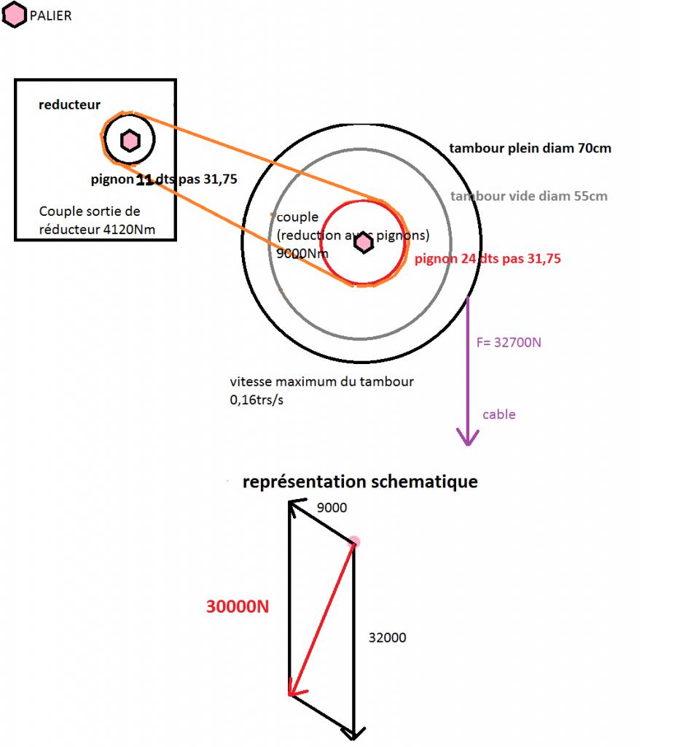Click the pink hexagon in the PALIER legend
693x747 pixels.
click(x=15, y=15)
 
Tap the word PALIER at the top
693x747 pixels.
click(x=51, y=15)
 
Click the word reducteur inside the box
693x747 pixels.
click(x=69, y=105)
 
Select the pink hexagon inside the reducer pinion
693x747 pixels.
click(x=129, y=140)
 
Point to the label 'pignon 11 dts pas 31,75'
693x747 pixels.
click(x=163, y=179)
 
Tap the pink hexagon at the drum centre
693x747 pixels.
click(x=363, y=244)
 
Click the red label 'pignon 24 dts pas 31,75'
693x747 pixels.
click(x=488, y=258)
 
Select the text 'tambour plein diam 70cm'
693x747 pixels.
click(x=530, y=148)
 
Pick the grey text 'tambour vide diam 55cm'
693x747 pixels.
click(x=528, y=196)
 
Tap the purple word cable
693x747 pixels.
click(x=498, y=414)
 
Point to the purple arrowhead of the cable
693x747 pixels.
click(x=467, y=437)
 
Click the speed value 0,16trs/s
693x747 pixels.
click(x=255, y=400)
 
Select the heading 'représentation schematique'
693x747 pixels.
click(x=359, y=481)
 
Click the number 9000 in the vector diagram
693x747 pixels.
click(x=332, y=508)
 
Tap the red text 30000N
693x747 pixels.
click(x=238, y=606)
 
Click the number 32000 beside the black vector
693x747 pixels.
click(x=387, y=638)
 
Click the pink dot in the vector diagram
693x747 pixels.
click(x=354, y=542)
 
